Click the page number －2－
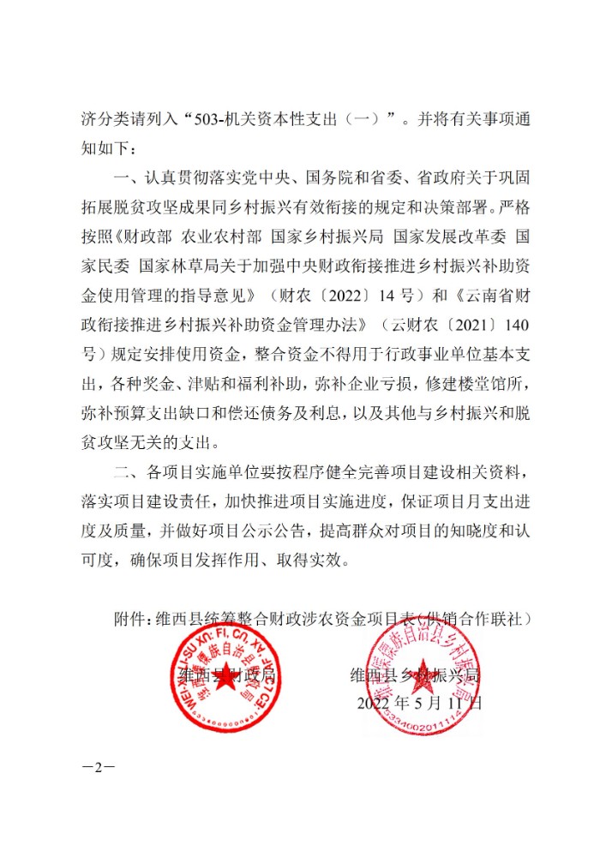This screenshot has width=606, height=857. tap(98, 766)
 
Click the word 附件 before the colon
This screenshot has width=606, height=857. tap(129, 618)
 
